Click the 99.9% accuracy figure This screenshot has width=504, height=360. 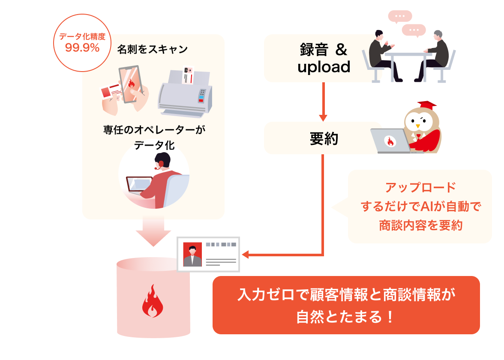click(82, 48)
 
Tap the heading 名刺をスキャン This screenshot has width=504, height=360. click(153, 49)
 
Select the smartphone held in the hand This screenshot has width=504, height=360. click(130, 84)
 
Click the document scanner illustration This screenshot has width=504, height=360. click(185, 92)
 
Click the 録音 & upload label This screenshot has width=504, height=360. click(324, 58)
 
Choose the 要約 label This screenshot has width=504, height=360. click(324, 138)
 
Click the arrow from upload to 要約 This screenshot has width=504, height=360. click(323, 102)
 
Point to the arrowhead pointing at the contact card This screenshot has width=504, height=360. click(245, 255)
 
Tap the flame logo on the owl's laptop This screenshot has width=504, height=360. click(390, 141)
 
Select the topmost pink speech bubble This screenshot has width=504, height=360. click(400, 17)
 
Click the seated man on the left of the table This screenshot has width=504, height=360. click(384, 56)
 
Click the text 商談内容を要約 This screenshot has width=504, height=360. click(421, 225)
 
